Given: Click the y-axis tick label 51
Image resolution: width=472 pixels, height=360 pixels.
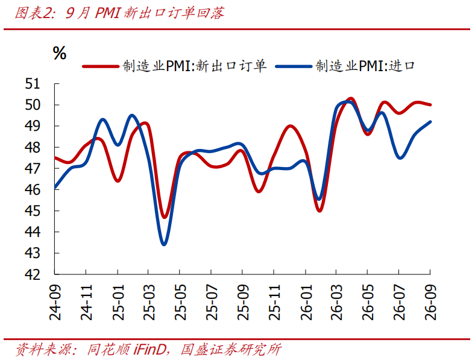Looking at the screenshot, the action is pos(33,84).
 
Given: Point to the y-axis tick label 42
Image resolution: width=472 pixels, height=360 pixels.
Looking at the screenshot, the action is pos(33,274).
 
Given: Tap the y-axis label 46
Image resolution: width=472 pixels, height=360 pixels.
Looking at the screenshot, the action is pos(33,189).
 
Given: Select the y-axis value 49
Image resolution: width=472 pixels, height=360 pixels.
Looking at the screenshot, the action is pos(33,126).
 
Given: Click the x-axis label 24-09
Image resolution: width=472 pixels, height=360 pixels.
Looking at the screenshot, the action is pos(55,302).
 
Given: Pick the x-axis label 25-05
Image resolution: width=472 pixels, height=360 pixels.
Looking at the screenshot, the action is pos(181,302).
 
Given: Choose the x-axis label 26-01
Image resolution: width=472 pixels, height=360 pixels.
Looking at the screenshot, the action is pos(306,302).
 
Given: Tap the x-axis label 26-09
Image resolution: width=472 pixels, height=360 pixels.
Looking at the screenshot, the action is pos(430,302).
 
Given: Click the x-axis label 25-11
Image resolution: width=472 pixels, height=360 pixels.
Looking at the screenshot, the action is pos(274,302).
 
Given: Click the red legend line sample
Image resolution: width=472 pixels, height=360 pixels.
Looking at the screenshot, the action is pos(101,66).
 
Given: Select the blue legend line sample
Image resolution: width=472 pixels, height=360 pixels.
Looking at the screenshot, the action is pos(294,66).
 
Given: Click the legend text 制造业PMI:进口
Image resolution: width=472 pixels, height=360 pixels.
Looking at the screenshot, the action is pos(365,66).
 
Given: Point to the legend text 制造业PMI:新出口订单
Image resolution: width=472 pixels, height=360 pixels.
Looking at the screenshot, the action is pos(195,66).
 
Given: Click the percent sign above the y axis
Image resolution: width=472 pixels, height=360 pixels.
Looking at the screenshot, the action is pos(60,53).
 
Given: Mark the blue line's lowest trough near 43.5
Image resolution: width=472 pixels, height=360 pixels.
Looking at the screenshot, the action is pos(164,244).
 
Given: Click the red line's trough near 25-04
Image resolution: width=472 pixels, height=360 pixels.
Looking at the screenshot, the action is pos(165,216).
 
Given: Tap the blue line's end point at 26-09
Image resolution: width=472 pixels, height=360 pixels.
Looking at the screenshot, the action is pos(430,122).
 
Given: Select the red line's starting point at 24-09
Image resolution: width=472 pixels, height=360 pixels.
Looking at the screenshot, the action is pos(55,158).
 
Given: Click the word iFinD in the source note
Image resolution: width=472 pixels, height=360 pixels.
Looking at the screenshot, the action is pos(149,350).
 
